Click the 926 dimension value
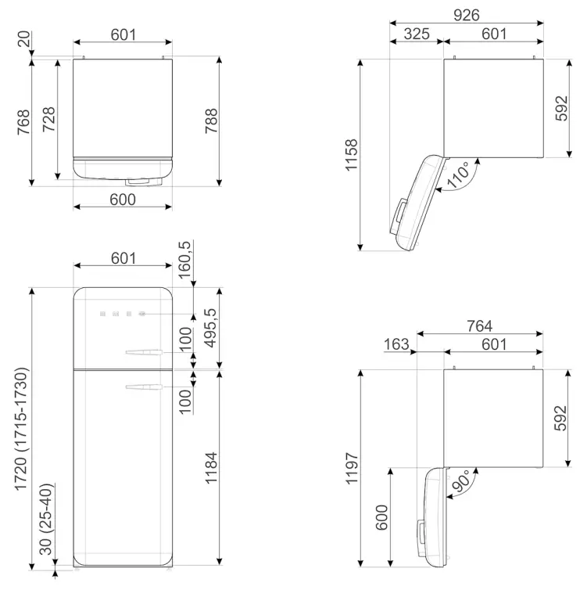point(467,15)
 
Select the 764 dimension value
point(478,326)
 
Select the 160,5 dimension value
point(185,264)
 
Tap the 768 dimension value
point(22,123)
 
